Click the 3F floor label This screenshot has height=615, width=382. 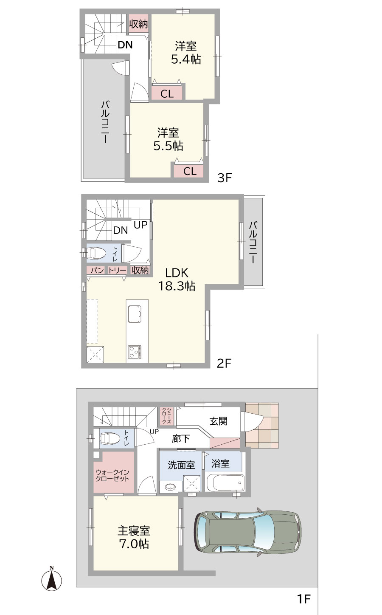point(225,178)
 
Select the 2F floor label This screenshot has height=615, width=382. point(224,364)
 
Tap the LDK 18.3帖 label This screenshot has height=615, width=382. point(177,279)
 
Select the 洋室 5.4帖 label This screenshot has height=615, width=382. point(186,53)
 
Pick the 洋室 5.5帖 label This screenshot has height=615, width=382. point(168,139)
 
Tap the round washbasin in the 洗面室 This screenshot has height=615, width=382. point(171,487)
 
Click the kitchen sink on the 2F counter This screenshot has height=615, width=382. point(135,314)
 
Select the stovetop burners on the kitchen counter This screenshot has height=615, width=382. point(135,352)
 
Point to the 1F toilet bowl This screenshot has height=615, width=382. point(110,438)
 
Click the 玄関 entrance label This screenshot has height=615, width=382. point(219,421)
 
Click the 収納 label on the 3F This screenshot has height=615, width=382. point(139,24)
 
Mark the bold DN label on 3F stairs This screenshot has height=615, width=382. point(125,45)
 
